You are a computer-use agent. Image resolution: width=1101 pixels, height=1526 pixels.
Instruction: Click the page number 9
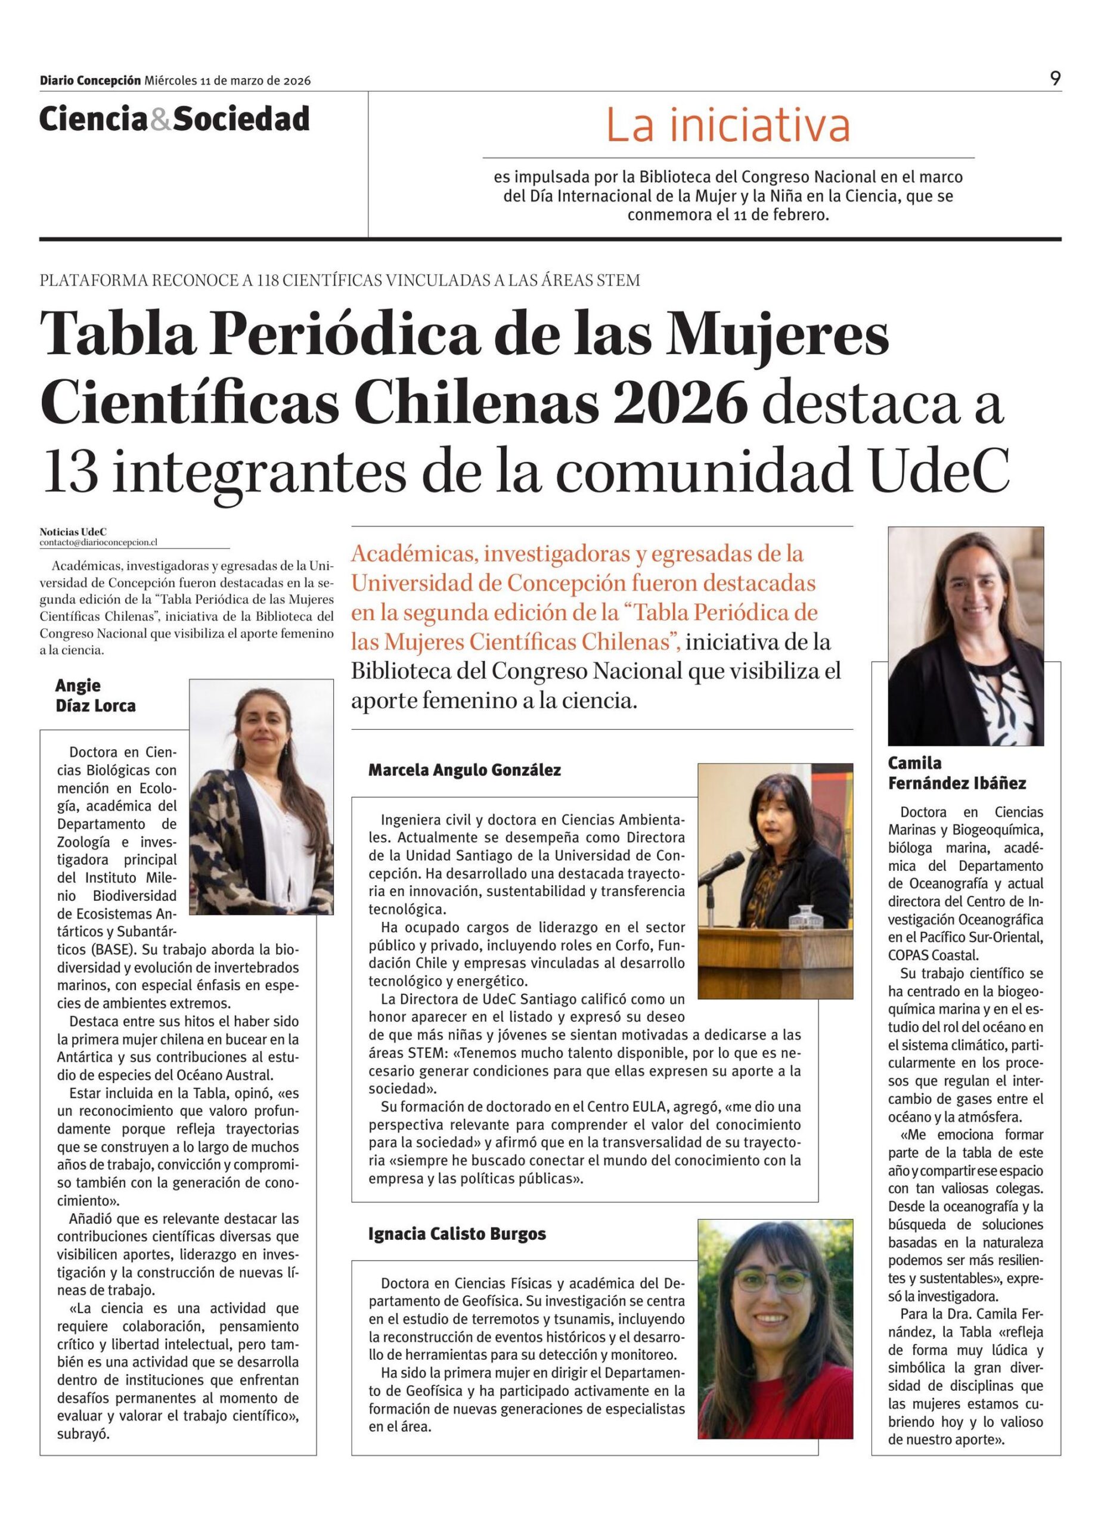[1055, 79]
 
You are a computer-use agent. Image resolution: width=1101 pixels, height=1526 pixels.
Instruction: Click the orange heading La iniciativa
[728, 126]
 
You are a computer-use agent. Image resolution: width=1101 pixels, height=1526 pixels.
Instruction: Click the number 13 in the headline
[72, 471]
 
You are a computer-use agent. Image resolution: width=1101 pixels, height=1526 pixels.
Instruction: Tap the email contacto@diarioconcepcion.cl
[98, 542]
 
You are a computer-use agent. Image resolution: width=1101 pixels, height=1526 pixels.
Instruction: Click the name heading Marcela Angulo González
[464, 770]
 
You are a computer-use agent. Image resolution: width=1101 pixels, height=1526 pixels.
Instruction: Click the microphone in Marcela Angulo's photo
[722, 868]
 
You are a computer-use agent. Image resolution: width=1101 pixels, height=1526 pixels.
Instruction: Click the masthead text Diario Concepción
[90, 80]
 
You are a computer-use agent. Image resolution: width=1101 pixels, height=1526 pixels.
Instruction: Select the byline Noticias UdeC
[73, 532]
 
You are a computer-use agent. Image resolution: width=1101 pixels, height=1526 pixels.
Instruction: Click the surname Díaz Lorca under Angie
[95, 706]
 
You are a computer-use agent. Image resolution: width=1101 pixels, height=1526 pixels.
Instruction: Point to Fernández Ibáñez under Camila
[957, 783]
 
